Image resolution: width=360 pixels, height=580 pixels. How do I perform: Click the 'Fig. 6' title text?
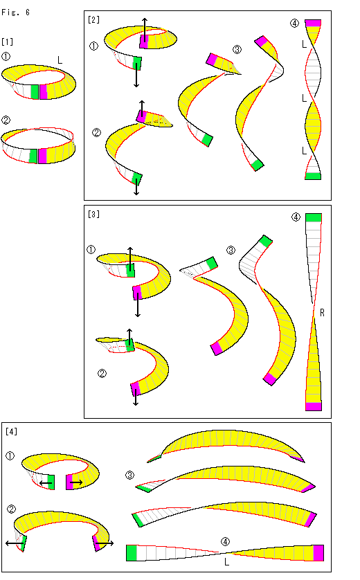[15, 12]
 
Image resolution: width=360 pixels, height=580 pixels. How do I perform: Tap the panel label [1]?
[8, 42]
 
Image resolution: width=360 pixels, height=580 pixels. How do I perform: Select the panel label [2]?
[93, 19]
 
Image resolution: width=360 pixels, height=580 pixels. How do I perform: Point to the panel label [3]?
[93, 214]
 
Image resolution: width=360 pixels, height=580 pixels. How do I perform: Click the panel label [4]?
[12, 432]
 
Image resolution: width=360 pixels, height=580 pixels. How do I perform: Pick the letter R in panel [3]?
[322, 313]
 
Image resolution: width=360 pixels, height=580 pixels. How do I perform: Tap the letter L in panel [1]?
[60, 60]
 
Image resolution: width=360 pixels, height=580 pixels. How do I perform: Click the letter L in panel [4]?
[227, 562]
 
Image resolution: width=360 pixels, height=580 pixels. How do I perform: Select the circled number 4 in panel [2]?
[294, 24]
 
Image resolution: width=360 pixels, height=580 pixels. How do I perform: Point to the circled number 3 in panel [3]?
[231, 251]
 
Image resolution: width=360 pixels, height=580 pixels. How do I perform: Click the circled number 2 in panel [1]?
[6, 120]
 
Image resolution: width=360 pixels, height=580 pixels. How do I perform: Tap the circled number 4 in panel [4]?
[225, 542]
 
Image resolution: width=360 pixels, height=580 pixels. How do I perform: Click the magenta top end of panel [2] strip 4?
[313, 23]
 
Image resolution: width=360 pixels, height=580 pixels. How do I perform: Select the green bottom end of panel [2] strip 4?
[313, 176]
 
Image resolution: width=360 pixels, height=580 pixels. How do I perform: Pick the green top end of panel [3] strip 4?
[314, 218]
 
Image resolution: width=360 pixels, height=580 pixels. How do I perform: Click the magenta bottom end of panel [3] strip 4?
[314, 406]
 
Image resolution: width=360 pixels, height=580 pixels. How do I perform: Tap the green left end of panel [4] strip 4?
[132, 553]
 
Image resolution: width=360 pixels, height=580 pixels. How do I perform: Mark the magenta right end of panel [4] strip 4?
[318, 553]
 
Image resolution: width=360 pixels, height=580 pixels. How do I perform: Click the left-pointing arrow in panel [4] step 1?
[46, 483]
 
